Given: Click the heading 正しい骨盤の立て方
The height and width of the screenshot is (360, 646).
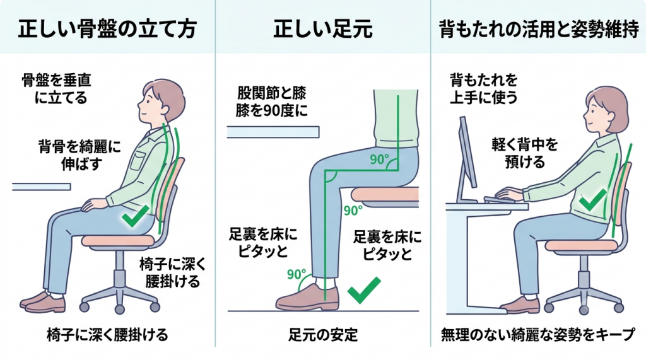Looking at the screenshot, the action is point(107,28).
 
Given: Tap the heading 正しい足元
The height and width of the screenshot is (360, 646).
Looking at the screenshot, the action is point(323,28).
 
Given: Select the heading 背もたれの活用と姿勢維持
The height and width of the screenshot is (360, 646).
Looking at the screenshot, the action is point(539,29).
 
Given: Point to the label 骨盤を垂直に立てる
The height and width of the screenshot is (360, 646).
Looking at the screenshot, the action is point(56,88).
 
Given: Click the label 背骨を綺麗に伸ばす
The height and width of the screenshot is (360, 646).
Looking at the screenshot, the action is point(80,155).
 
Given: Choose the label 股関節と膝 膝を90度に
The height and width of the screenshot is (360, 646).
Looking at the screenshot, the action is point(271,102).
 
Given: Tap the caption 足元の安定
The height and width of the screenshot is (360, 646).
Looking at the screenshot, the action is point(323,334).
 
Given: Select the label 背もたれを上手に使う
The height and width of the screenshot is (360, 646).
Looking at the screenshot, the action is point(484,88).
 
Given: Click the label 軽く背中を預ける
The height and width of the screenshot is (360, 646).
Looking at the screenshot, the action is point(525,153).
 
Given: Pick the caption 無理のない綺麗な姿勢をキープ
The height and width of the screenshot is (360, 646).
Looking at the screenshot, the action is point(538,334).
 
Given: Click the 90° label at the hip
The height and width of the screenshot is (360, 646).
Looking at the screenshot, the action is point(379,159).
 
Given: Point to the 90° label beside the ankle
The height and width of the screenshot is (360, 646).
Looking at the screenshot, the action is point(297,274).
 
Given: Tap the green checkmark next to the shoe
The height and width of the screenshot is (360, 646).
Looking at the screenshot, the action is point(363,290).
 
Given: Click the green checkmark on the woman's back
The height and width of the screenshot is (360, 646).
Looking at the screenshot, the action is point(592,200).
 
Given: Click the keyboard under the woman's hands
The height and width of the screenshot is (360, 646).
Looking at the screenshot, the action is point(500,199).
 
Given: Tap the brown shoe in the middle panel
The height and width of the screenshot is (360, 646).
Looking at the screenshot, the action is point(307,298).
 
